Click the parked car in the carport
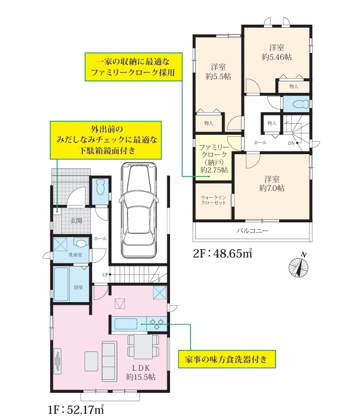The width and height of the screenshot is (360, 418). (138, 210)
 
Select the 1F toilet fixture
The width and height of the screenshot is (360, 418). (100, 187)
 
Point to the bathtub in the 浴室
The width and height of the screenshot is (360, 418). (61, 284)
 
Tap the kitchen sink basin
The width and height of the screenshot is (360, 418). (126, 324)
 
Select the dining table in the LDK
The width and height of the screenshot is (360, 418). (143, 347)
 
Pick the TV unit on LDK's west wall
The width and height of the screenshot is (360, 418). (57, 361)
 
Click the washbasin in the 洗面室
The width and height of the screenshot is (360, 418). (81, 243)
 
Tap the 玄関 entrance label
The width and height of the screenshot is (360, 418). (76, 220)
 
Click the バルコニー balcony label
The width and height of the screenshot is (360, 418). (252, 231)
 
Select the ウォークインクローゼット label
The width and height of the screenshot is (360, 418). (214, 200)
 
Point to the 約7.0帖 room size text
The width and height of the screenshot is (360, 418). (272, 188)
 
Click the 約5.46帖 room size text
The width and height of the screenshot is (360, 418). (277, 57)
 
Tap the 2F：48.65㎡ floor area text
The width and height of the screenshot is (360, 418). (223, 253)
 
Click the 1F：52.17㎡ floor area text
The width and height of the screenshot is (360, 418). (76, 410)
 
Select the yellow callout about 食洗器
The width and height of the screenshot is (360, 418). (227, 359)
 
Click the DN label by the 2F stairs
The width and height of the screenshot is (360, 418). (291, 143)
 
